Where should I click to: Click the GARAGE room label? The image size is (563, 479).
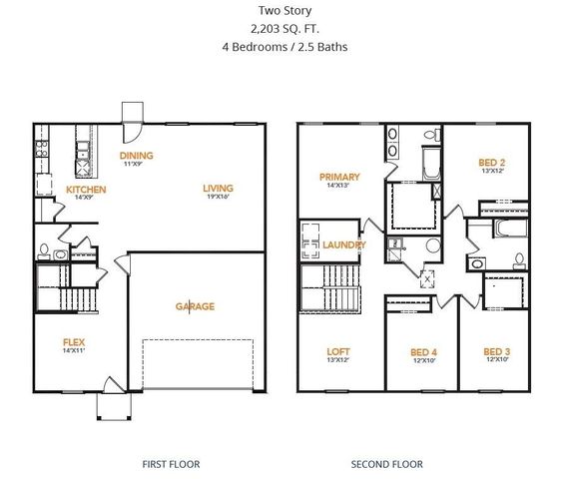[195, 306]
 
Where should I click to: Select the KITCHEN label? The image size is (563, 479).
[86, 189]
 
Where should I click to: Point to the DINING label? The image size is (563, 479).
[136, 156]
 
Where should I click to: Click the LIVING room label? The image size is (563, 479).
[218, 188]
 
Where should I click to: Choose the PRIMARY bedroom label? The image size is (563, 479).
[339, 177]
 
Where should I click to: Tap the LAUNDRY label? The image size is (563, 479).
[344, 244]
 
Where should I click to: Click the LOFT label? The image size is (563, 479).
[338, 351]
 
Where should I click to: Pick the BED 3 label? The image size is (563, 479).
[496, 351]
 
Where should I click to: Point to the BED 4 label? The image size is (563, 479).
[424, 351]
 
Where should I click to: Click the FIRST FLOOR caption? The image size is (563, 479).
[171, 464]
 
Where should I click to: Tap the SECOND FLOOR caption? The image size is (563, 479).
[386, 464]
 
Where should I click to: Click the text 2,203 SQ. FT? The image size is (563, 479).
[282, 29]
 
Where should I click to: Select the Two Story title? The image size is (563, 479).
[282, 11]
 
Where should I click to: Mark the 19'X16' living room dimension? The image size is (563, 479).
[218, 198]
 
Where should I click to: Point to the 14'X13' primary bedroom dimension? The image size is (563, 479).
[339, 186]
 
